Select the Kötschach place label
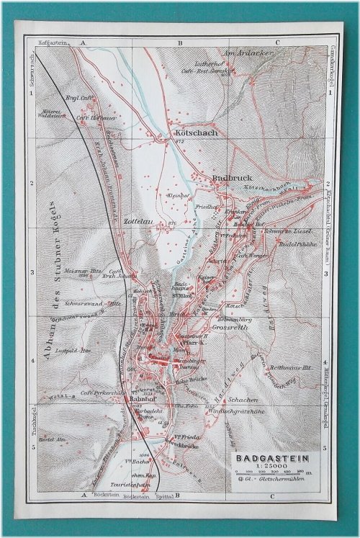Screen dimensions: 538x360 pos(192,133)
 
